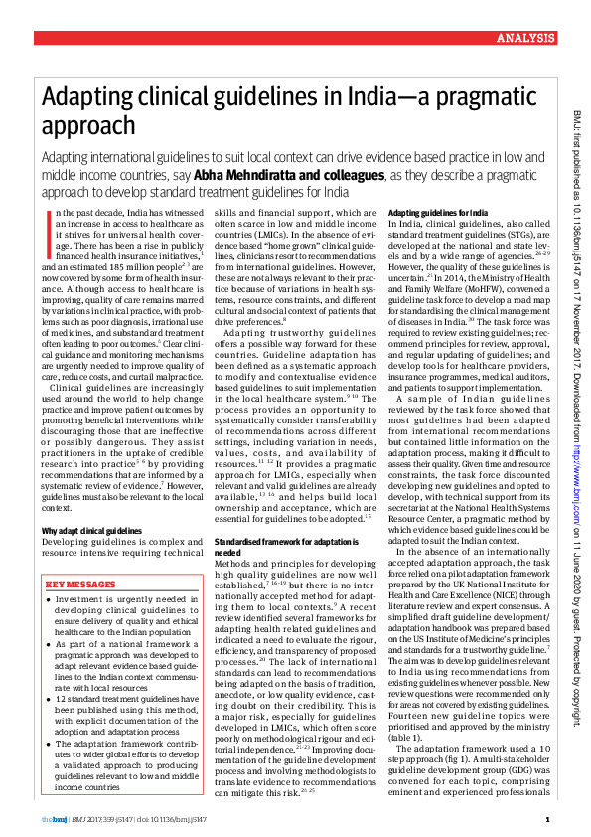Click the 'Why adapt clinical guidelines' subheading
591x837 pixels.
coord(87,532)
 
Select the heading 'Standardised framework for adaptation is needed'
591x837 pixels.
coord(277,546)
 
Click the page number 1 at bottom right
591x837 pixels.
coord(548,819)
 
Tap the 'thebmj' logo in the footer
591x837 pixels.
coord(54,819)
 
